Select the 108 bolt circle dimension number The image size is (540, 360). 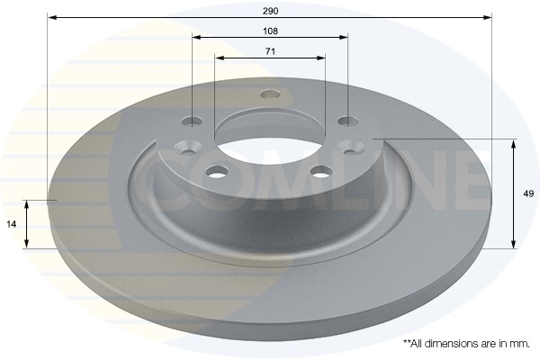tap(270, 30)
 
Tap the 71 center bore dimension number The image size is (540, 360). tap(270, 51)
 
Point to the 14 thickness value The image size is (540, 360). tap(12, 223)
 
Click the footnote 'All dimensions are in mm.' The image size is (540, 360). tap(466, 344)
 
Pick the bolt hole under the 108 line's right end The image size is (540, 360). tap(346, 121)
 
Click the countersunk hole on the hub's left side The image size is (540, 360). tap(190, 146)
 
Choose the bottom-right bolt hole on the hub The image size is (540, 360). tap(319, 171)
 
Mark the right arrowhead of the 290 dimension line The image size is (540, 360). tap(489, 17)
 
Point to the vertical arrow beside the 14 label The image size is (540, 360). tap(28, 223)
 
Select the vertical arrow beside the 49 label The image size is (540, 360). tap(514, 193)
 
